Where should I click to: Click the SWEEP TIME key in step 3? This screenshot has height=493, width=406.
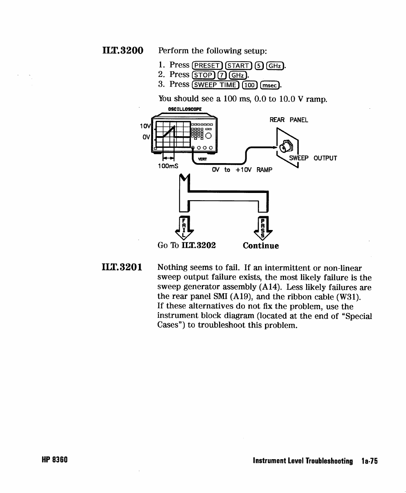[x=216, y=85]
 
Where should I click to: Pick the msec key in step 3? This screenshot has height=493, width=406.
[x=270, y=85]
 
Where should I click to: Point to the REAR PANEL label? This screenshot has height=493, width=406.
[x=289, y=120]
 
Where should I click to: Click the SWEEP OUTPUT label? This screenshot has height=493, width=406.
[x=313, y=158]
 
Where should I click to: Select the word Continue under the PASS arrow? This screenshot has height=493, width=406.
[x=261, y=246]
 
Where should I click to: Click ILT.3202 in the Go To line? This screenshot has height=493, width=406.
[x=199, y=245]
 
